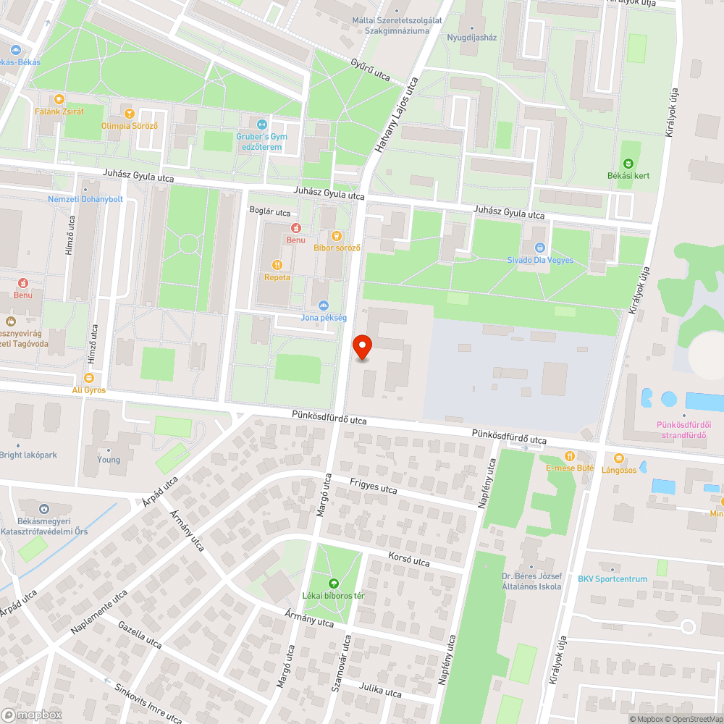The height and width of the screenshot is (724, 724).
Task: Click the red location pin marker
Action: coord(362,348)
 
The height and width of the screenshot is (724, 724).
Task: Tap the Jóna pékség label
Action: coord(324,318)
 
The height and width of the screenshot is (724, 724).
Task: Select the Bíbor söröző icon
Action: coord(336,235)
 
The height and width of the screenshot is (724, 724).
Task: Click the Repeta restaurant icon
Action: coord(277,265)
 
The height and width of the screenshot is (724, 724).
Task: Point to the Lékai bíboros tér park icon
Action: coord(334,583)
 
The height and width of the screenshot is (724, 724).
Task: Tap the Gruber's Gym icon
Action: coord(262,123)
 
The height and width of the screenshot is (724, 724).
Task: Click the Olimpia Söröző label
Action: coord(130,126)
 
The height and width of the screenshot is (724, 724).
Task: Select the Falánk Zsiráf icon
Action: coord(59,99)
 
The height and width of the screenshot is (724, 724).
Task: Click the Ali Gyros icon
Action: coord(89,378)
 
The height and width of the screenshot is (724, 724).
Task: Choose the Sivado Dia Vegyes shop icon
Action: coord(539,248)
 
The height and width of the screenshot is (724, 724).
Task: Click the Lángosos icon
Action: coord(618,458)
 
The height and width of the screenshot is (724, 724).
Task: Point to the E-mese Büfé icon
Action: coord(570,456)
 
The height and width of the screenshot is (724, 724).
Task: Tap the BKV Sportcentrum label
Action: coord(612,578)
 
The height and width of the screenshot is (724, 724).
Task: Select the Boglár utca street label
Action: coord(269,213)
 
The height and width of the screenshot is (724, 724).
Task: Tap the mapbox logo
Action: coord(33,714)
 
